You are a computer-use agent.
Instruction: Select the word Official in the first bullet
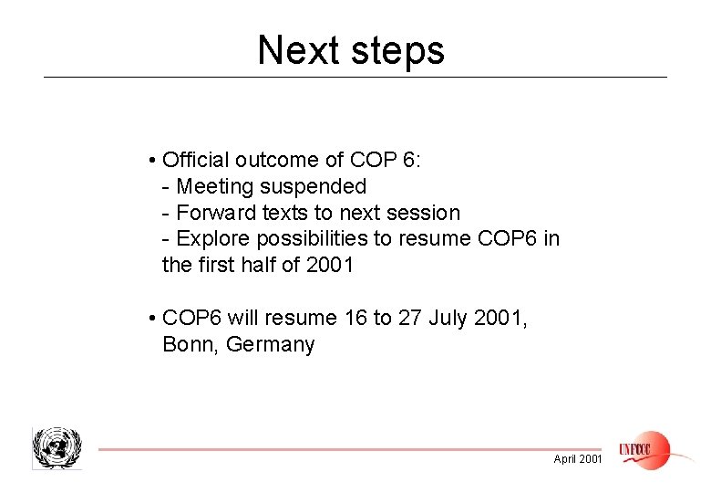[196, 161]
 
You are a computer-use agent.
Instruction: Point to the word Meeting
[215, 187]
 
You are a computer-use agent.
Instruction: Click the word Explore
[213, 239]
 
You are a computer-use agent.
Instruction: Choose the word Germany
[271, 345]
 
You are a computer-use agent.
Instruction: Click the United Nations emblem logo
[57, 448]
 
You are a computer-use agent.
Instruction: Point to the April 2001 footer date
[578, 459]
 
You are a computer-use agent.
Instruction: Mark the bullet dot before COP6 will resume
[150, 319]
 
